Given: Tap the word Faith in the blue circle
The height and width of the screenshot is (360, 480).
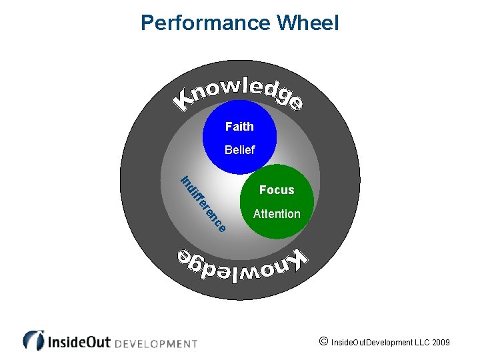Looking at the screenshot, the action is point(239,126).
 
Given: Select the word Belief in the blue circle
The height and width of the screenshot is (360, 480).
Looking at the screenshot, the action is point(239,150).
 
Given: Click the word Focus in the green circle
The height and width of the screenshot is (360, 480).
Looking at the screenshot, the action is point(277,190).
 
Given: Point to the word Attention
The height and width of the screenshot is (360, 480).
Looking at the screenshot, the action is point(277,214).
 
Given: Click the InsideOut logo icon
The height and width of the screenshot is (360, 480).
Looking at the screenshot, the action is point(33,340).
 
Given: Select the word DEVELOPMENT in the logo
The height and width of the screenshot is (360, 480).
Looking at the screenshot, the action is point(157,343).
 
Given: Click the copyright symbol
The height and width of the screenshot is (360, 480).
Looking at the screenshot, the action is point(323,342).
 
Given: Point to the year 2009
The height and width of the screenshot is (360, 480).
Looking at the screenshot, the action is point(441,343).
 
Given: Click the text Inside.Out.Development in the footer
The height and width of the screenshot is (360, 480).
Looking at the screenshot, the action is point(373,343).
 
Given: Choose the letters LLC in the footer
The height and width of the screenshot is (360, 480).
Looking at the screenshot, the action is point(419,343).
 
